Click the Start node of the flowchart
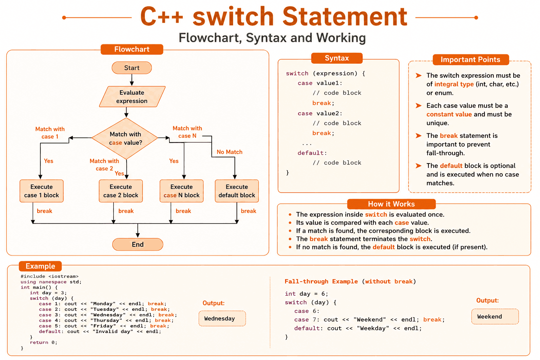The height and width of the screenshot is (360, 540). (x=131, y=68)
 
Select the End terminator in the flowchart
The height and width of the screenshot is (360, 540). (x=138, y=244)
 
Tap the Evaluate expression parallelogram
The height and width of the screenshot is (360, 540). (x=132, y=96)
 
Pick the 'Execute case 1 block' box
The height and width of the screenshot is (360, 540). (x=41, y=191)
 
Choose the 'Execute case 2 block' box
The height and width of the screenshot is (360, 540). (x=121, y=191)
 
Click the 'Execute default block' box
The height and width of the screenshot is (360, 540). (x=237, y=191)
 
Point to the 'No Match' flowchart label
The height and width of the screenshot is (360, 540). (x=229, y=152)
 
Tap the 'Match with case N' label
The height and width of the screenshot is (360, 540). (x=187, y=132)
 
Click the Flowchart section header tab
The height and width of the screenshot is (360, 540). (x=132, y=49)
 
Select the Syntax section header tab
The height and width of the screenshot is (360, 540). (x=337, y=58)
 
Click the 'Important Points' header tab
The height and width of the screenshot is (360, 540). (x=471, y=59)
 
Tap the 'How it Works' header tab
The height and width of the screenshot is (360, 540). (x=391, y=204)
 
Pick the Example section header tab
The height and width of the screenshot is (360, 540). (x=40, y=266)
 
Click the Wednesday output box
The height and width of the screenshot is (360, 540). (x=222, y=319)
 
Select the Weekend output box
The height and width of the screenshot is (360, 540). (x=495, y=316)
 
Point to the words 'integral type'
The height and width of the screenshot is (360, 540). (x=454, y=84)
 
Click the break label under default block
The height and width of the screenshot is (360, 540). (x=248, y=211)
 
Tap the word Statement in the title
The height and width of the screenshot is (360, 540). (x=345, y=17)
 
